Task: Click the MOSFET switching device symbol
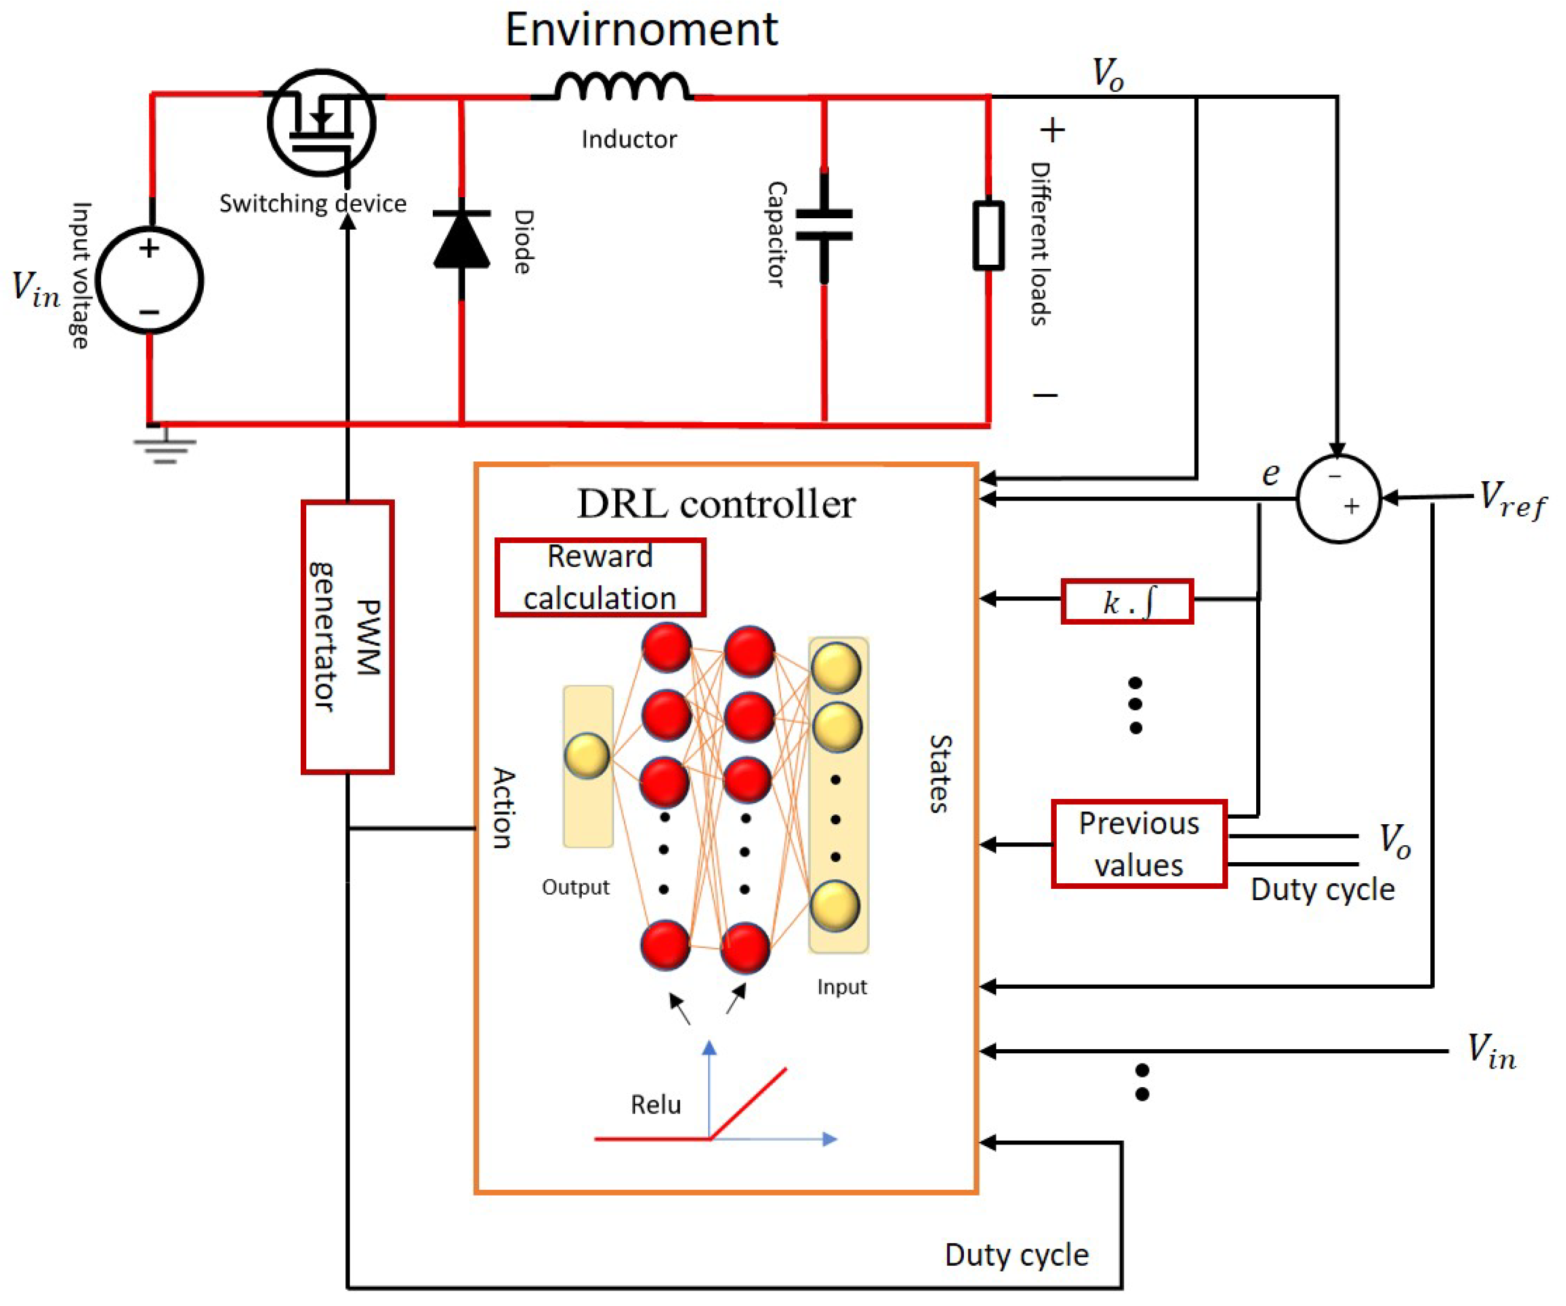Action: point(321,122)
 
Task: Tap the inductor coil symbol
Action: point(622,86)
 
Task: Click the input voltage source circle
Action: point(149,280)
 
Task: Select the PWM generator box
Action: point(348,637)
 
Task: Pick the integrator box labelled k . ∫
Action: point(1127,601)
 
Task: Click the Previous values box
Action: point(1139,844)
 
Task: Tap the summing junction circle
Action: point(1339,498)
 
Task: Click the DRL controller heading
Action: point(716,504)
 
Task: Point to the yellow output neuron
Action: point(587,756)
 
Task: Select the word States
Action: point(941,774)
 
